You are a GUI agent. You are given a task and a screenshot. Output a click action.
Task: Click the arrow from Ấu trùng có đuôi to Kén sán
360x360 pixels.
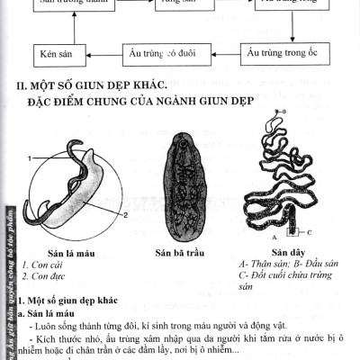103,55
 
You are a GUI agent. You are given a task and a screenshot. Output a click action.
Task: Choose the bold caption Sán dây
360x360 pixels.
286,253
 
